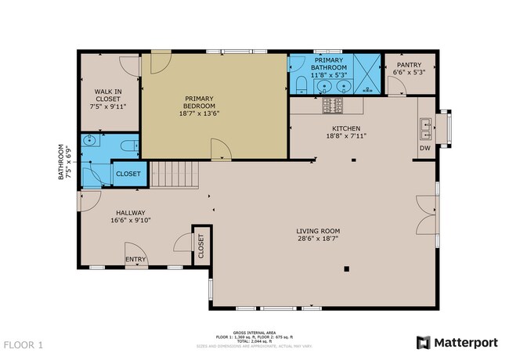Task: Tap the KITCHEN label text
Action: [345, 128]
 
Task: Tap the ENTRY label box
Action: [135, 260]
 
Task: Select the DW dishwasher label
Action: [424, 148]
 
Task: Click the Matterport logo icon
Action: [423, 342]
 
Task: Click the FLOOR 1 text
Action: [23, 344]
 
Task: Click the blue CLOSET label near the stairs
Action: [128, 174]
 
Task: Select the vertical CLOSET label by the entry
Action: [200, 247]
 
